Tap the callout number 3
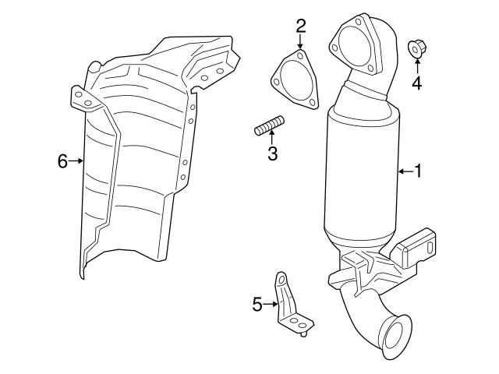(272, 153)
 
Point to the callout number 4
(416, 83)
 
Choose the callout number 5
(257, 305)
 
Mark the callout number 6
(62, 161)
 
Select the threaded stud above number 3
(268, 126)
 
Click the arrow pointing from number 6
(77, 161)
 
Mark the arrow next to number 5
(271, 305)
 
